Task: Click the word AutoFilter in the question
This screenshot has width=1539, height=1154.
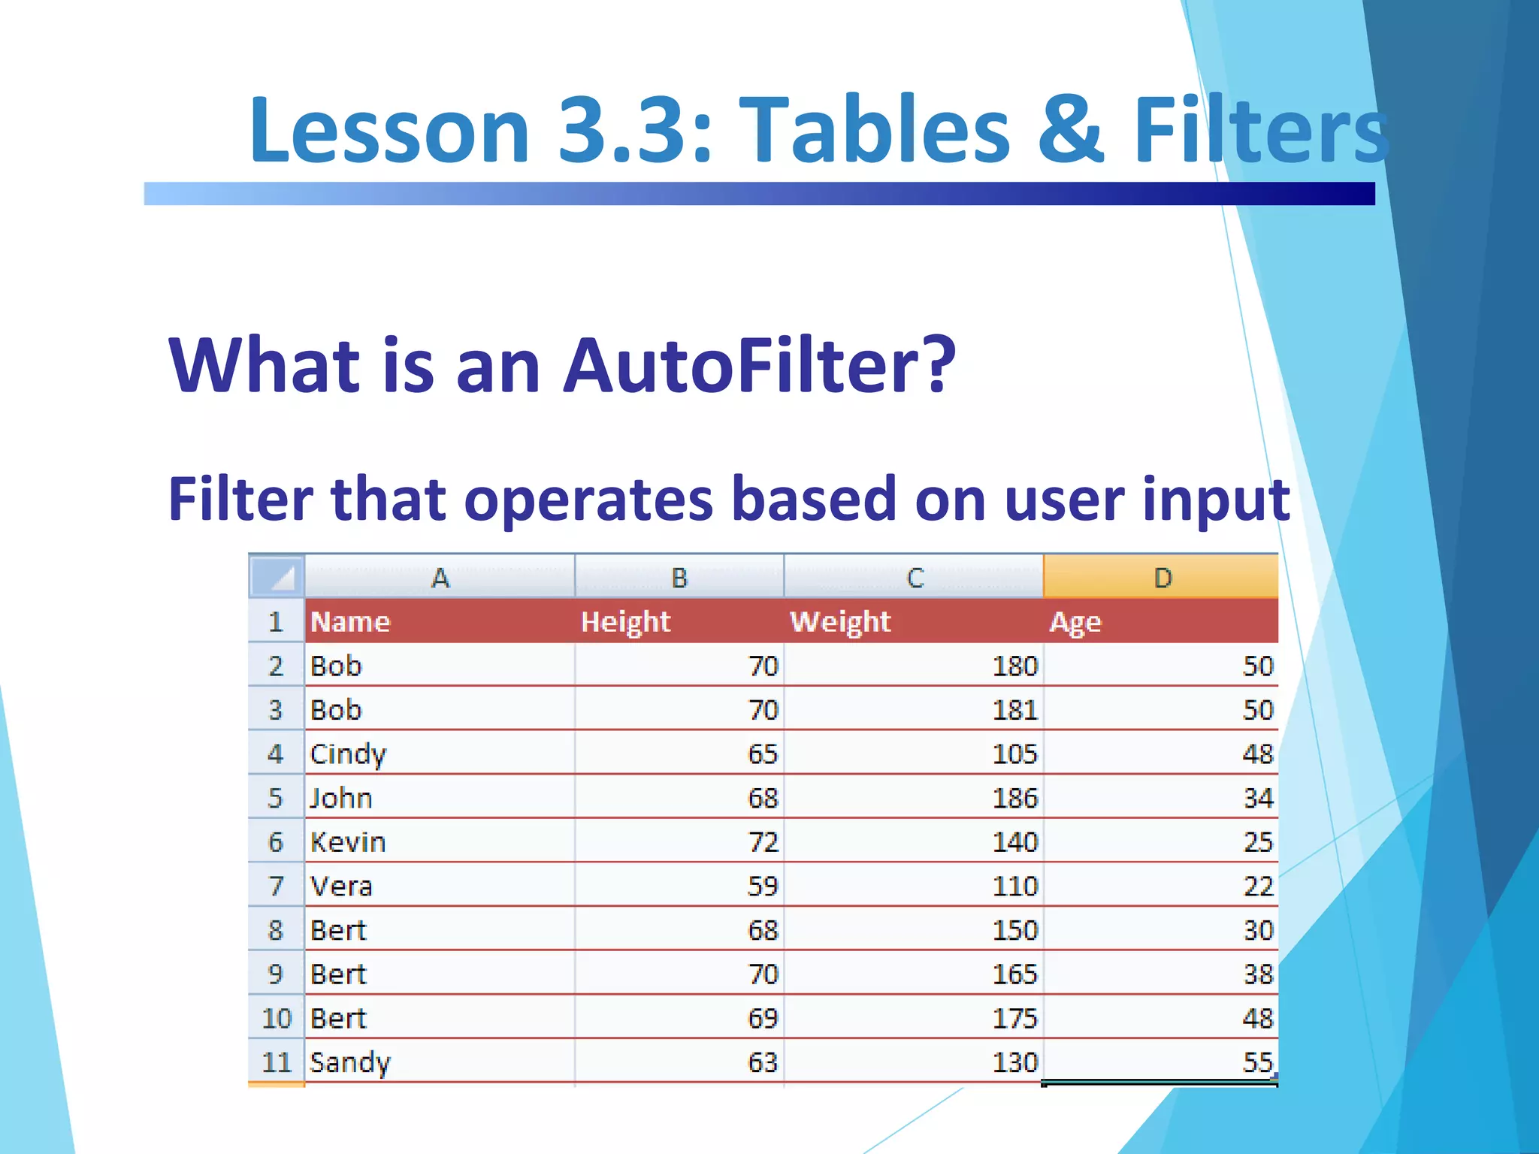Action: pos(759,365)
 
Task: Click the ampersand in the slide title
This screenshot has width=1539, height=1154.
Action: pos(1071,129)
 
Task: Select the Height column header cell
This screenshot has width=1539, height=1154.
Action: pos(625,622)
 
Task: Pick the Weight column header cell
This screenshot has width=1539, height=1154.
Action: pos(839,622)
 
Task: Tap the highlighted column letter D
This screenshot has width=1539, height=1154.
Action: pos(1162,578)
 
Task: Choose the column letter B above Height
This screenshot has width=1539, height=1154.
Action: pos(679,578)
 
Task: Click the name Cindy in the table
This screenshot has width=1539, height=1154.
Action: pos(348,754)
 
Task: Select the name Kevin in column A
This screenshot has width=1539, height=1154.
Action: pos(348,842)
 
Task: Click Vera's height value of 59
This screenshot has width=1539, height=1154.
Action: pos(762,887)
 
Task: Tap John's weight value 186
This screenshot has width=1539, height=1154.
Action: pos(1014,798)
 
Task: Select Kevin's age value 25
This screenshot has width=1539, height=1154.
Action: pos(1257,842)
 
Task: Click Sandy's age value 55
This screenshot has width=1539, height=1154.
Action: pos(1257,1062)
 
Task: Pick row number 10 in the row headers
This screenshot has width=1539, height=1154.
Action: pos(276,1019)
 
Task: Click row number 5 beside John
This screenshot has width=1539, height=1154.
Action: pos(276,798)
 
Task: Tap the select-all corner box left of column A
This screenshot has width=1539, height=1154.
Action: pos(277,577)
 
